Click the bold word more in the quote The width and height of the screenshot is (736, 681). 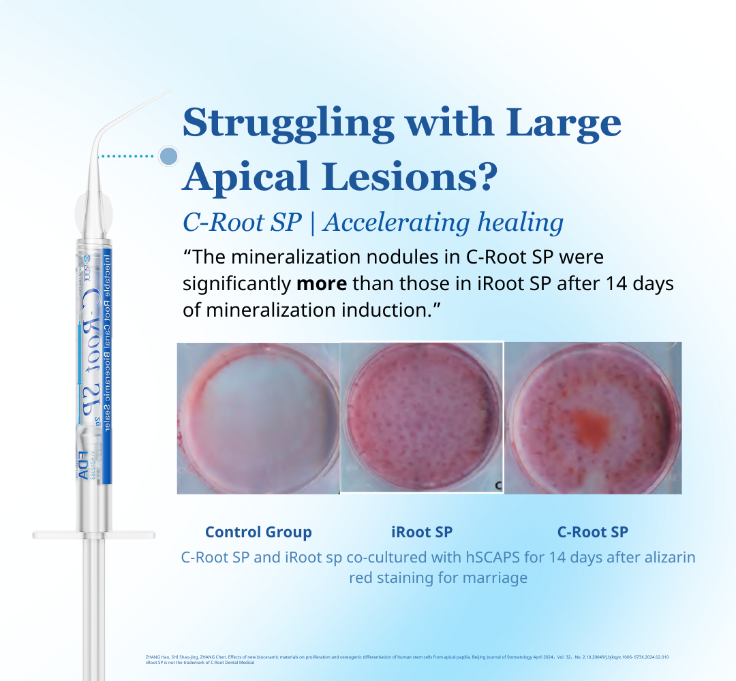[x=322, y=283]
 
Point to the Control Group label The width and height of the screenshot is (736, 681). [x=258, y=532]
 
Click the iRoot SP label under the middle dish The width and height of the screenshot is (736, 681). [x=422, y=532]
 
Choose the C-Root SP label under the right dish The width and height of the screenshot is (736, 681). [x=592, y=532]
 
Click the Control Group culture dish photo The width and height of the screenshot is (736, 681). [x=258, y=417]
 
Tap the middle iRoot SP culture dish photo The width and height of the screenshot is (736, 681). [x=422, y=417]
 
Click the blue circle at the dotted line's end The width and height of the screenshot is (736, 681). [x=168, y=156]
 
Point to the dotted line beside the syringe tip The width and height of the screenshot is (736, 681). [x=127, y=156]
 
